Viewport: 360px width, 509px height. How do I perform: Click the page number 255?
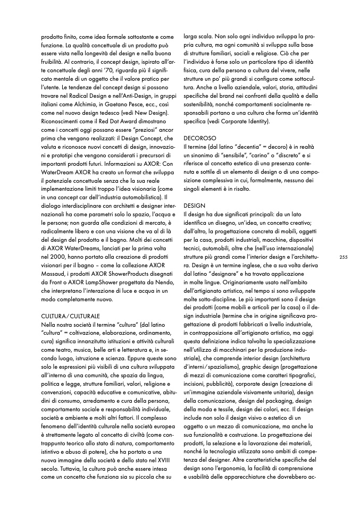pyautogui.click(x=343, y=257)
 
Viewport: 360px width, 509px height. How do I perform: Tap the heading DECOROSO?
pyautogui.click(x=199, y=137)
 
